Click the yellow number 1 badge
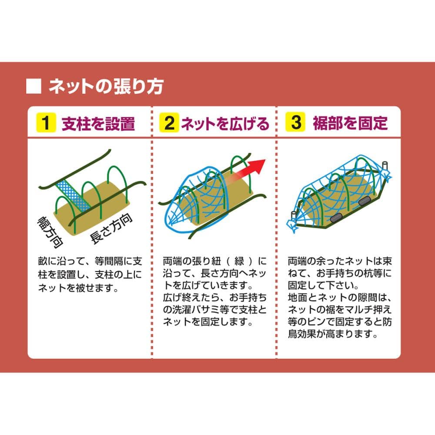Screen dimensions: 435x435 [x=46, y=122]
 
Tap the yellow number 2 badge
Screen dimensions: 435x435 [x=169, y=122]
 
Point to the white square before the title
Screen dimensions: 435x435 [x=33, y=86]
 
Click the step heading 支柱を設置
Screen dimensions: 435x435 [x=98, y=124]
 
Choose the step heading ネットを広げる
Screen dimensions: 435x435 [x=225, y=124]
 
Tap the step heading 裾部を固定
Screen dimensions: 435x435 [x=350, y=123]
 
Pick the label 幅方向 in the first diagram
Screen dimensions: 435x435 [x=50, y=232]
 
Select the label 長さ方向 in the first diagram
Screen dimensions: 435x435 [x=111, y=229]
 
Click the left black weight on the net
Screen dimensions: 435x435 [x=336, y=218]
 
